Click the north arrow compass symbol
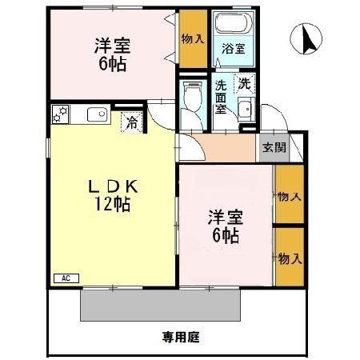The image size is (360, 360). click(x=306, y=38)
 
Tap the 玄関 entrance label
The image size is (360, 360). click(x=269, y=148)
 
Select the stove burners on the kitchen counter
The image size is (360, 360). click(x=60, y=114)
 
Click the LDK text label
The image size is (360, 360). click(x=114, y=186)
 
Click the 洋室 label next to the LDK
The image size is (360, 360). click(x=224, y=217)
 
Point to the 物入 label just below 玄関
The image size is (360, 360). click(x=289, y=196)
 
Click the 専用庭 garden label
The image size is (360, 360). click(x=181, y=337)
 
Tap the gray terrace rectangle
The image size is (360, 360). click(x=160, y=303)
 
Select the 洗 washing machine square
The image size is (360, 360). click(x=242, y=82)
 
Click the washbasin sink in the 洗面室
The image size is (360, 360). click(x=246, y=110)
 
